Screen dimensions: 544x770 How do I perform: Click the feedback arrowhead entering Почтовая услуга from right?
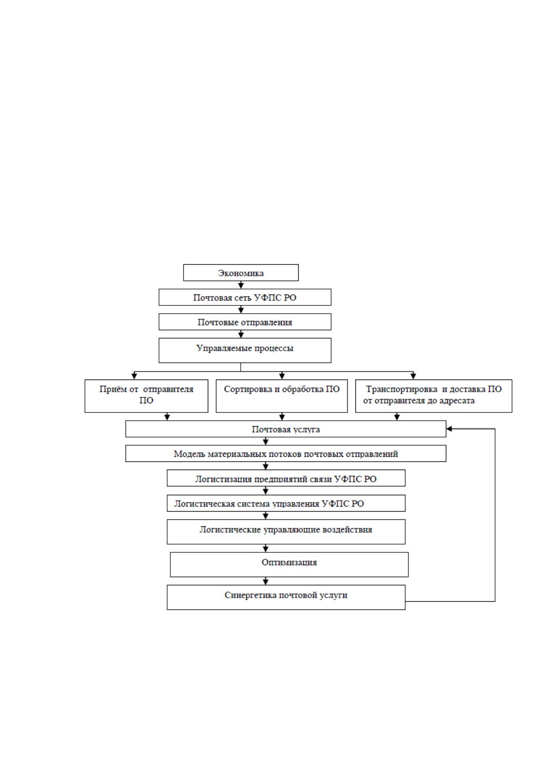point(449,428)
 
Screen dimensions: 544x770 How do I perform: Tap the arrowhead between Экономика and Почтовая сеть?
point(241,286)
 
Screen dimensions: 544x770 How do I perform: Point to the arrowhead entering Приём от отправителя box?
point(134,376)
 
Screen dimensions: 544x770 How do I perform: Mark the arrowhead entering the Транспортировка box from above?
point(413,376)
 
